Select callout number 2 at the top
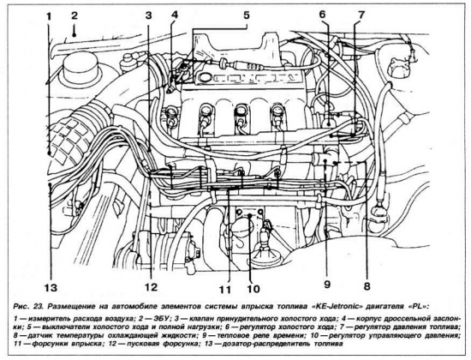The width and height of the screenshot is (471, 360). click(x=75, y=15)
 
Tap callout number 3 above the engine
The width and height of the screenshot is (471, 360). click(x=148, y=15)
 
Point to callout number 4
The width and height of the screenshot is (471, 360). click(x=174, y=15)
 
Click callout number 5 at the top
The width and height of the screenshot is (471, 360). click(x=247, y=15)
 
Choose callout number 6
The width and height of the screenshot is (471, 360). click(x=322, y=15)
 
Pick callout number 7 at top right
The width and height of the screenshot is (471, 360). click(x=361, y=15)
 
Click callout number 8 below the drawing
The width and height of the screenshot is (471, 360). click(x=367, y=285)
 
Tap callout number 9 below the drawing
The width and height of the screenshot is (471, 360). click(x=327, y=285)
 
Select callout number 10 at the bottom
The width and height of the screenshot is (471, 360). click(x=253, y=289)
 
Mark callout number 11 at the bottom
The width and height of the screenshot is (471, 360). click(x=224, y=290)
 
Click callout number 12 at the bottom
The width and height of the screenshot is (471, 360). click(x=151, y=287)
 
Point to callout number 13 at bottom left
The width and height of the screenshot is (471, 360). click(x=51, y=288)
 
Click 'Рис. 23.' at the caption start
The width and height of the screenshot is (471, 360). click(x=28, y=307)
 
